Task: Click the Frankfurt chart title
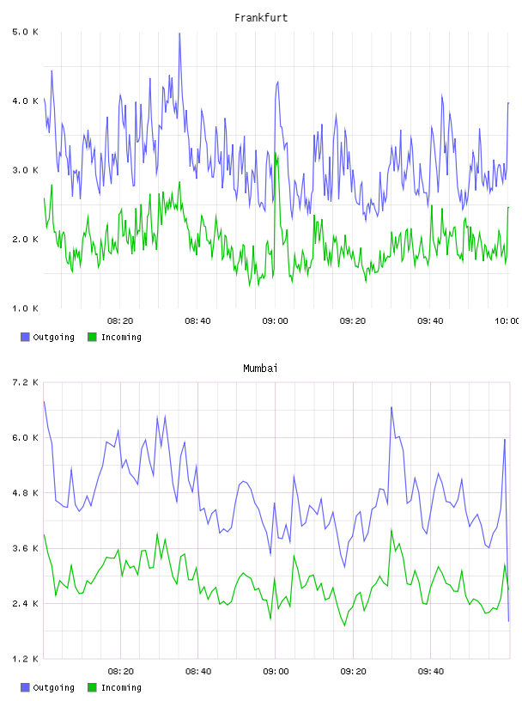click(x=261, y=18)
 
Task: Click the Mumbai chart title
click(x=260, y=369)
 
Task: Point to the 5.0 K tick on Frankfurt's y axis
click(x=25, y=32)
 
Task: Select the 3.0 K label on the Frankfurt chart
click(x=25, y=170)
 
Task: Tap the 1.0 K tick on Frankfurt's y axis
click(x=25, y=308)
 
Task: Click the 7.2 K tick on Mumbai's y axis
click(x=25, y=382)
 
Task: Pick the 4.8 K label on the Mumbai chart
click(x=25, y=493)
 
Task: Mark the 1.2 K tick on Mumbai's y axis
click(x=25, y=659)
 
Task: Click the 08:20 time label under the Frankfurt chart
click(x=120, y=321)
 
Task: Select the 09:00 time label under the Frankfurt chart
click(x=276, y=321)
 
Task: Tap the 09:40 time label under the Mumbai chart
click(x=431, y=672)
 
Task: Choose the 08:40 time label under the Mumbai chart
click(x=198, y=672)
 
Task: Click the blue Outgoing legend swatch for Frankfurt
click(x=25, y=337)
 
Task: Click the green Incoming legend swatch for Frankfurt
click(x=92, y=337)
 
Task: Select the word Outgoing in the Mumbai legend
click(x=53, y=687)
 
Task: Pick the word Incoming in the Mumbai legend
click(x=121, y=687)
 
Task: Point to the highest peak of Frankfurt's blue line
click(x=179, y=34)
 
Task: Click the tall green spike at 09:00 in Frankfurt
click(x=276, y=153)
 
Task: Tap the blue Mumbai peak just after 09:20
click(x=391, y=407)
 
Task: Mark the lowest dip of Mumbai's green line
click(x=344, y=625)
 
